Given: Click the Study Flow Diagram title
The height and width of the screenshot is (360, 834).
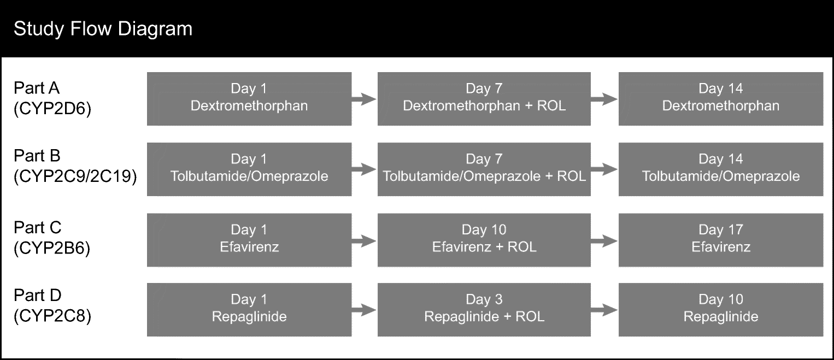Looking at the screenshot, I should click(103, 28).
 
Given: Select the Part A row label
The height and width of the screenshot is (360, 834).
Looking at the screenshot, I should click(37, 88).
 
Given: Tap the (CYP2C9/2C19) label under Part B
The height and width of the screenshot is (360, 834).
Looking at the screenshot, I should click(75, 176).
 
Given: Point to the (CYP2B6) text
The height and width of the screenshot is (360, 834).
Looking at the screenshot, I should click(52, 247).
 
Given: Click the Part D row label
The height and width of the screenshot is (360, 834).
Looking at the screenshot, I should click(37, 296).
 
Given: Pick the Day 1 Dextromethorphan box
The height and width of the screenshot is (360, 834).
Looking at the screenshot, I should click(249, 98).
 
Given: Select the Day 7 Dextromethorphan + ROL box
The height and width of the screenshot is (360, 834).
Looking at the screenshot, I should click(484, 98).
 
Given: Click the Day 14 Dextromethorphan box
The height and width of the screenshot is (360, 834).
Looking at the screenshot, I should click(720, 98).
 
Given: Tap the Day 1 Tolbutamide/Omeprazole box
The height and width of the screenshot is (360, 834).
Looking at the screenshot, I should click(249, 169).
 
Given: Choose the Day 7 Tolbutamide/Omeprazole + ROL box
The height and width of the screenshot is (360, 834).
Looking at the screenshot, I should click(484, 169).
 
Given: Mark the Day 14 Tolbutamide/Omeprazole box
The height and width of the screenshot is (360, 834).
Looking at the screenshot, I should click(720, 169).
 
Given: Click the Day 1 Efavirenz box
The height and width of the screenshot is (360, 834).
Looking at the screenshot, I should click(249, 239).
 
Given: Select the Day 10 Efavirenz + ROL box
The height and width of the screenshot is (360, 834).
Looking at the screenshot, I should click(484, 239).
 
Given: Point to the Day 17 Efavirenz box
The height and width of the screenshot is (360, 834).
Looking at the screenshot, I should click(720, 239).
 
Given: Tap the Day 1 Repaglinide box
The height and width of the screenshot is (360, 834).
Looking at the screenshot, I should click(249, 309).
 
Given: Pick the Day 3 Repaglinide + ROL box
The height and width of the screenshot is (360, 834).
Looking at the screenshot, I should click(484, 309).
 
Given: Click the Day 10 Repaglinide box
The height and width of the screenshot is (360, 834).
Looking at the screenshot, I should click(720, 309).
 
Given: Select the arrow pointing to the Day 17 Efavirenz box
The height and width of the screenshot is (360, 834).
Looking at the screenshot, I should click(604, 240).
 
